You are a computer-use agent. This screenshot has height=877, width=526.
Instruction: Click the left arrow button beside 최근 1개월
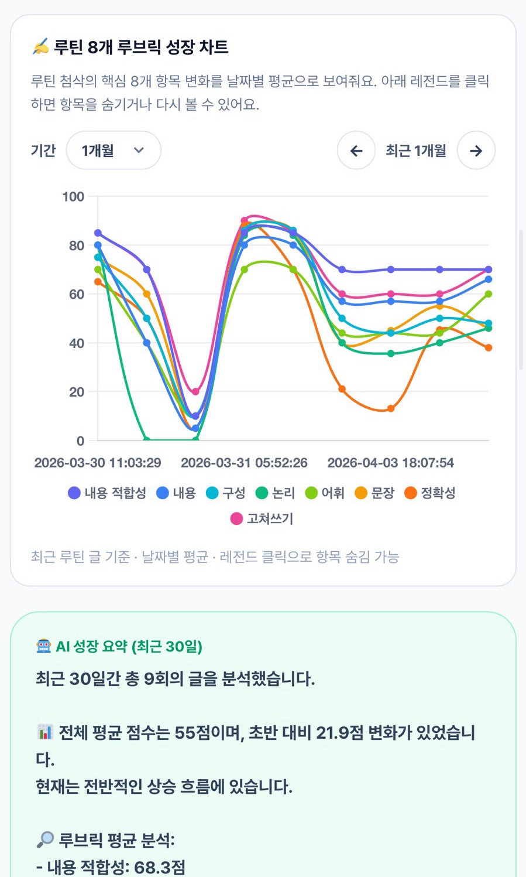tap(356, 151)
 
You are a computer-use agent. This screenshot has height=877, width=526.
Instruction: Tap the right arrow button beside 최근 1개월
tap(476, 151)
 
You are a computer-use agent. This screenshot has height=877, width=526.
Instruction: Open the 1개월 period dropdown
tap(114, 151)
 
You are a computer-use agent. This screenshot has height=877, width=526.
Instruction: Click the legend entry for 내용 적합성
tap(107, 493)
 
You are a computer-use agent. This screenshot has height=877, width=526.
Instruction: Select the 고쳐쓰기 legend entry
tap(262, 518)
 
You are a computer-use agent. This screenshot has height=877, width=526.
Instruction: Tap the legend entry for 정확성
tap(429, 493)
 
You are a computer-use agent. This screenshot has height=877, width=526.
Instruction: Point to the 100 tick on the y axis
tap(73, 197)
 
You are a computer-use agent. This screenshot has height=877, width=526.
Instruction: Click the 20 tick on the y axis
tap(77, 392)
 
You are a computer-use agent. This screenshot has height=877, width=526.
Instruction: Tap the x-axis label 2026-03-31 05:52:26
tap(244, 463)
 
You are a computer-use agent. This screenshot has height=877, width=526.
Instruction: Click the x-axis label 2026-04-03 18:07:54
tap(390, 463)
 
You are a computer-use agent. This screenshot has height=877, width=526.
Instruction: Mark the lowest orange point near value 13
tap(391, 408)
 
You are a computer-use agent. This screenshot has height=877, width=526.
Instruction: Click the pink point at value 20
tap(195, 392)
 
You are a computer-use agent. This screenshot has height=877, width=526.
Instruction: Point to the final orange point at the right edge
tap(489, 347)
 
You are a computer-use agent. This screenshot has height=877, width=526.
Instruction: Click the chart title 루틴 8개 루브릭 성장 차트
tap(141, 47)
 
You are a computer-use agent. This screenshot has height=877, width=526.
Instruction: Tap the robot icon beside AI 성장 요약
tap(44, 646)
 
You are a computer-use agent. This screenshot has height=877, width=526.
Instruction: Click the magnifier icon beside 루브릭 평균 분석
tap(44, 840)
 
